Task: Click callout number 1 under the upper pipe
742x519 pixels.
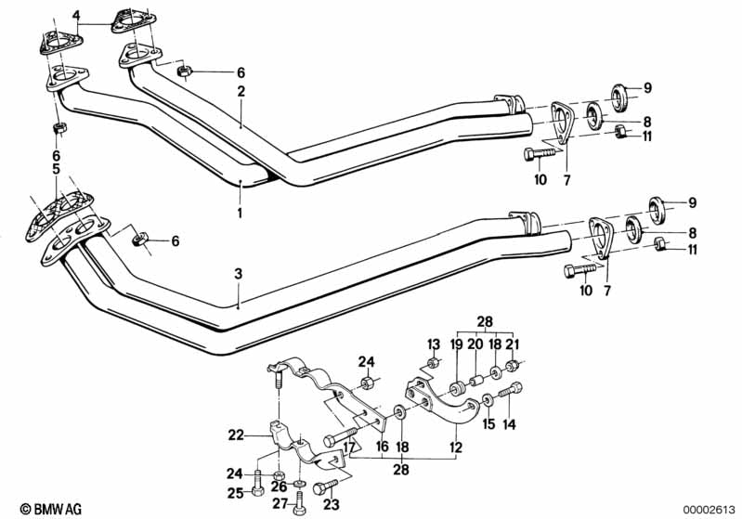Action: [240, 213]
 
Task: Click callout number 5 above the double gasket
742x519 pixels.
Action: [56, 169]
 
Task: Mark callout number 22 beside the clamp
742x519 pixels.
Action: [236, 434]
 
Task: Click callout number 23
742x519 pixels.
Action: [331, 505]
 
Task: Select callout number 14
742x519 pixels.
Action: [508, 426]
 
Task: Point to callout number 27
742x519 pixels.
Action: [279, 505]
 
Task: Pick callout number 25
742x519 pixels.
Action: [236, 491]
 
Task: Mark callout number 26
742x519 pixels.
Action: [279, 486]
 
